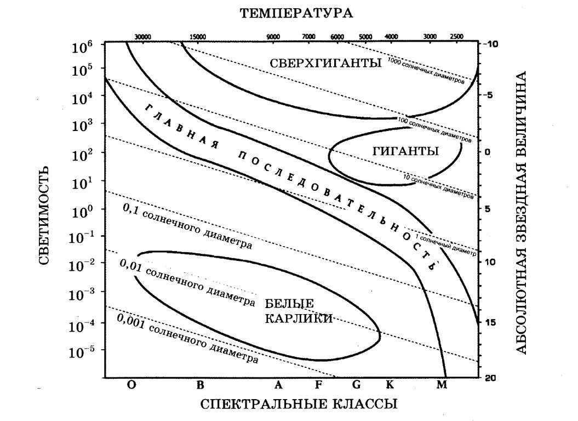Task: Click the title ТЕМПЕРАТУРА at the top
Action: tap(296, 13)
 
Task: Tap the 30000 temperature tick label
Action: tap(142, 37)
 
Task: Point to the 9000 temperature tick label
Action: tap(273, 37)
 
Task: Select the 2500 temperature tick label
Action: tap(456, 37)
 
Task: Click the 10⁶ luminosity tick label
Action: tap(82, 47)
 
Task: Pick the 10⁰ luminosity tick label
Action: tap(82, 209)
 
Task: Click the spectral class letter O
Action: tap(131, 385)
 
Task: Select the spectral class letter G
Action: tap(357, 385)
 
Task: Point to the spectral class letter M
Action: tap(442, 385)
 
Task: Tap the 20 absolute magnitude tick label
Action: tap(491, 378)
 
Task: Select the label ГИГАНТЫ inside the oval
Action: tap(405, 151)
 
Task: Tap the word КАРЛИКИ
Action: tap(299, 318)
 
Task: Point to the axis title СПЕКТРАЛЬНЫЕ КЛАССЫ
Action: tap(299, 405)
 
